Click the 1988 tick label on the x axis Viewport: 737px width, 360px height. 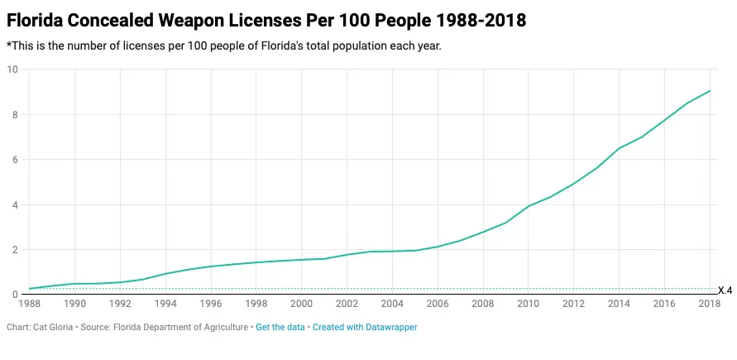[x=30, y=305]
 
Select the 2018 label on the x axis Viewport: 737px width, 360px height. [x=709, y=305]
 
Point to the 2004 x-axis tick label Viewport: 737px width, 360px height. [x=392, y=305]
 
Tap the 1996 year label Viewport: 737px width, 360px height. [x=211, y=305]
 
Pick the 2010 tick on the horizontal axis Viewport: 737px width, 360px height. [x=528, y=305]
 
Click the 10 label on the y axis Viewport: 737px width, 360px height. [x=12, y=70]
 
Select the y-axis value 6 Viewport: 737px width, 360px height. [x=14, y=160]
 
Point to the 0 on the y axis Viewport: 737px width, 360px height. [x=14, y=295]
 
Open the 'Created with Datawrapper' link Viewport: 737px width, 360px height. [x=365, y=328]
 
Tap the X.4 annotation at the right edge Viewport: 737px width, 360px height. [x=725, y=290]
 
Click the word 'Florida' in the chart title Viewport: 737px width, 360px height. [x=35, y=19]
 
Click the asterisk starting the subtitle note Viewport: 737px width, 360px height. [x=8, y=46]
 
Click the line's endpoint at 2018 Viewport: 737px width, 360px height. [x=710, y=91]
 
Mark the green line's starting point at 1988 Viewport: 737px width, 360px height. [x=30, y=289]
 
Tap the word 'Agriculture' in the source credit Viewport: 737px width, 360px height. [x=224, y=328]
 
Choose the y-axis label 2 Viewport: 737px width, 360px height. [x=14, y=250]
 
